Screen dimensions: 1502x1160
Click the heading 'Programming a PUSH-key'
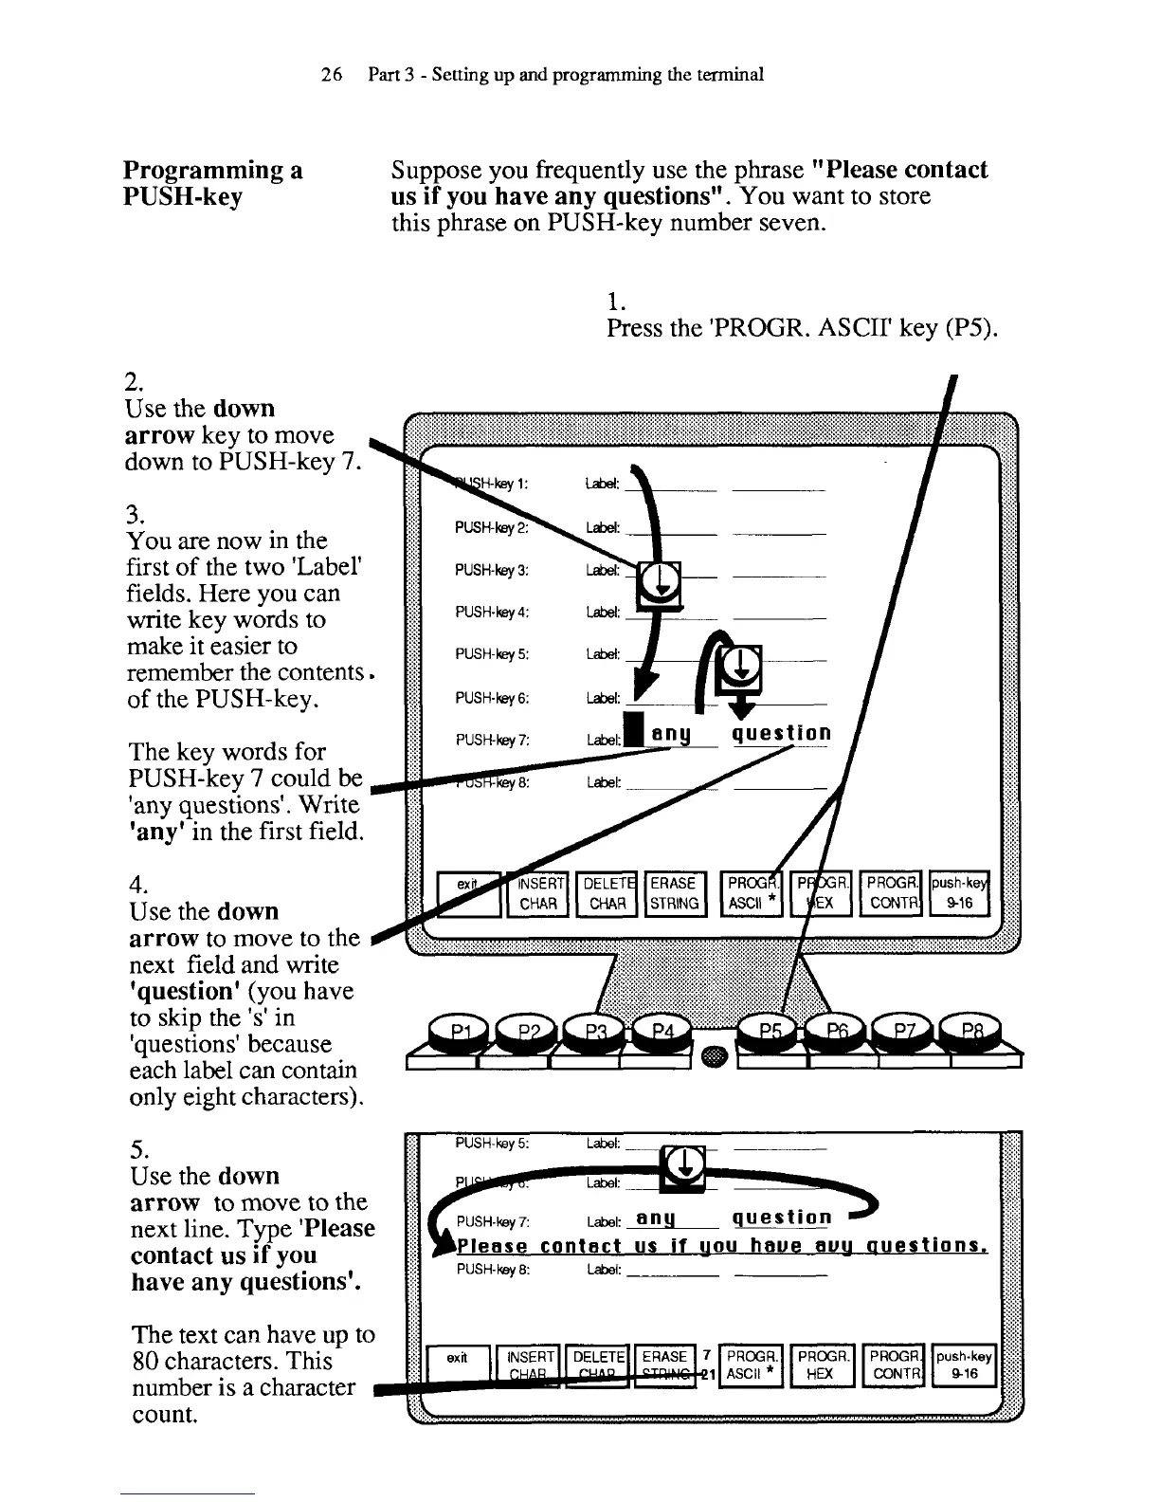pos(213,183)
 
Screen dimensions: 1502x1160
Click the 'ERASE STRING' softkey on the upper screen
pos(675,892)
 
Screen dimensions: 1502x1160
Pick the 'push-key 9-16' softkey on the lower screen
pos(964,1366)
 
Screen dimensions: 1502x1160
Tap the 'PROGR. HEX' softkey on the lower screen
pos(822,1366)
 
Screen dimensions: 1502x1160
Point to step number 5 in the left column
pos(135,1149)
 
